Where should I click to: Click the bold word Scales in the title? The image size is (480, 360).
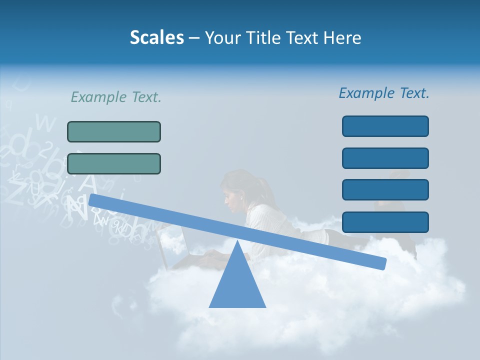point(156,37)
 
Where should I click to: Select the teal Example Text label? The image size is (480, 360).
point(116,97)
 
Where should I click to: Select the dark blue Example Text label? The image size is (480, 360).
point(384,93)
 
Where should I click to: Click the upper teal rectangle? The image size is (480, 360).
point(114,131)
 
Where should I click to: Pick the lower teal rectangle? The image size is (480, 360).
point(114,163)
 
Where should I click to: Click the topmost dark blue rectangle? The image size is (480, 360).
point(385,126)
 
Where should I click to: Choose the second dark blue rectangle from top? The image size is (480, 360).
point(385,158)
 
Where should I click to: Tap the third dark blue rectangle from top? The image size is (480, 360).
point(385,189)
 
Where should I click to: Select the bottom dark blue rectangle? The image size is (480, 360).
point(385,222)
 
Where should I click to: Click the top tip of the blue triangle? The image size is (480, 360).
point(237,241)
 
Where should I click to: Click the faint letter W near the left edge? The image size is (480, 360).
point(46,121)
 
